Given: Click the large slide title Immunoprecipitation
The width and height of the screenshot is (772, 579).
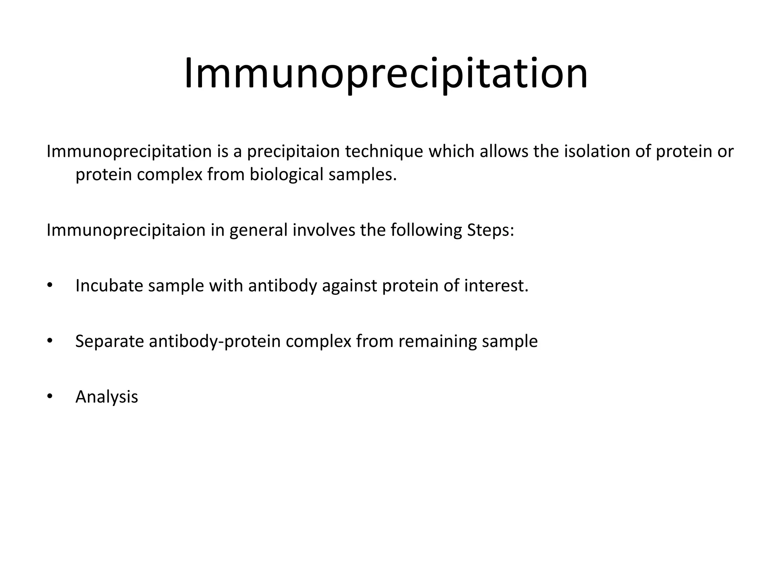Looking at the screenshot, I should click(386, 74).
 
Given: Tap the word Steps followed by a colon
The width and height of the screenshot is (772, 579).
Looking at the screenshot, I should click(490, 230).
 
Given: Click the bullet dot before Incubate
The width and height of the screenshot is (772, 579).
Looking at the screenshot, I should click(49, 285).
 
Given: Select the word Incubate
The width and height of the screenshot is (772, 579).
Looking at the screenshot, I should click(109, 285).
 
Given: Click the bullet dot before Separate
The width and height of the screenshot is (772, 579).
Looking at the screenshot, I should click(49, 341).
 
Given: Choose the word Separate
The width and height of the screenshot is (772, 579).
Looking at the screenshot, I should click(110, 342).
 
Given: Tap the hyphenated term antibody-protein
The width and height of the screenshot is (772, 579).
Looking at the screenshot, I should click(215, 342).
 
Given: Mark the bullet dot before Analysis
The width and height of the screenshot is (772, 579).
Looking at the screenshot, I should click(49, 396).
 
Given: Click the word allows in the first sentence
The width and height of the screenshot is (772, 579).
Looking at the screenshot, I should click(504, 151).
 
